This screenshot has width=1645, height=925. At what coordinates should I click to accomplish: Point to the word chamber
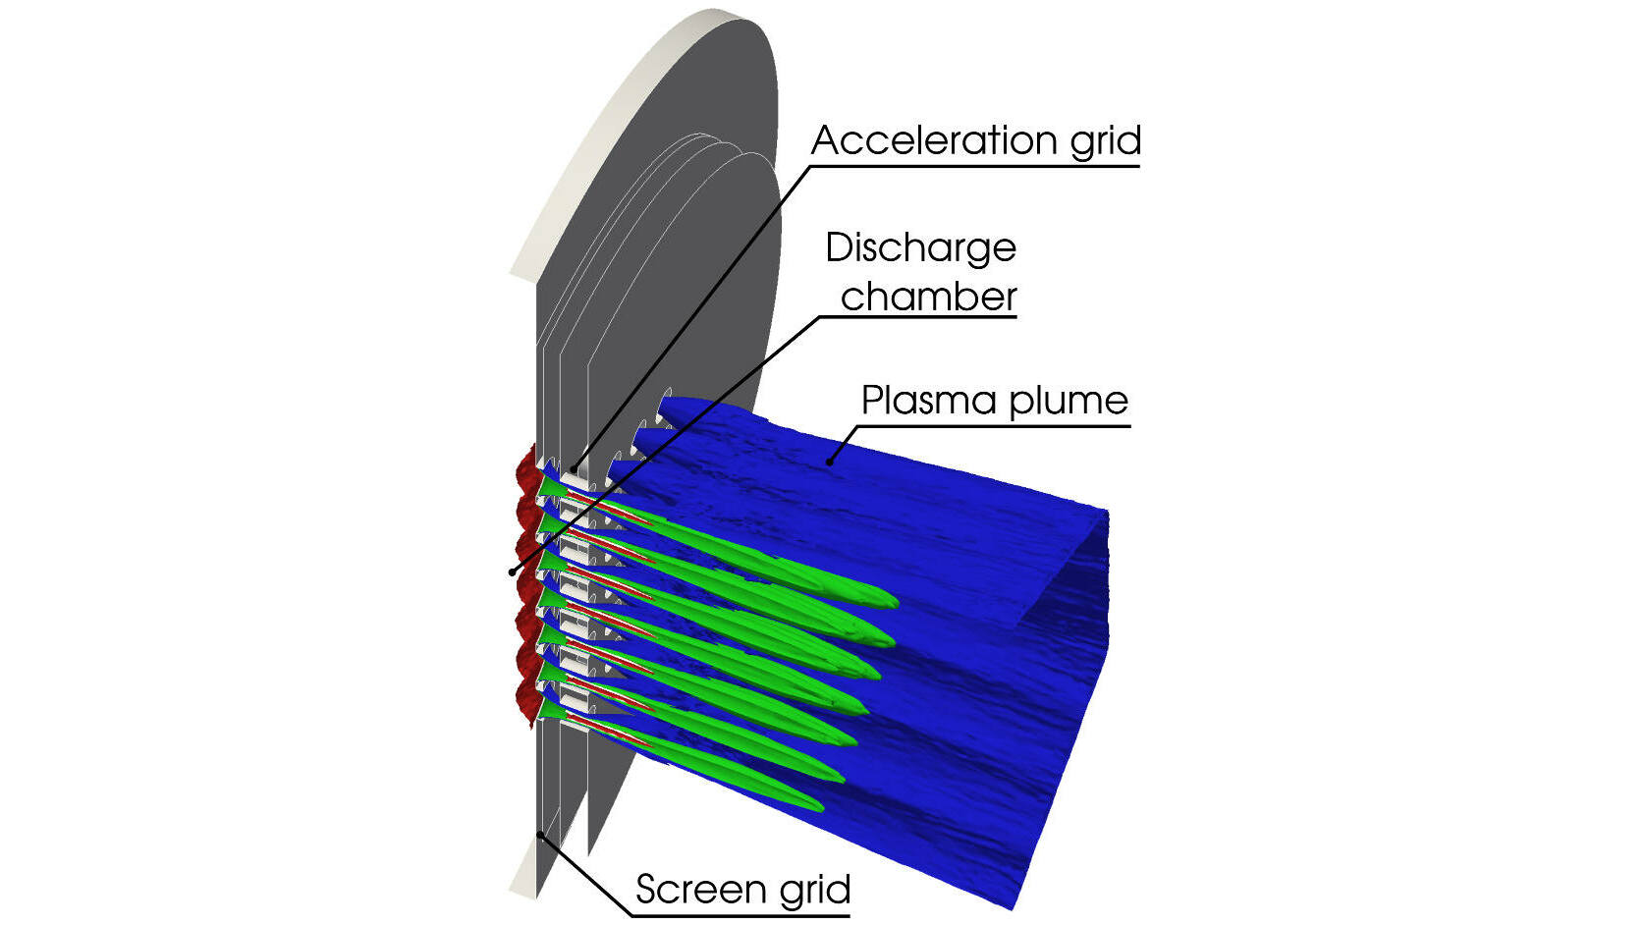pos(929,297)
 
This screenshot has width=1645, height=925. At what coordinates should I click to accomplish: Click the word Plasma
pos(929,400)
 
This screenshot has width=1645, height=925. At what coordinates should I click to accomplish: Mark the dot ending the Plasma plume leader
pos(829,462)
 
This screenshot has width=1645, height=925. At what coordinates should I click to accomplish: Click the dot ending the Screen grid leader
pos(540,834)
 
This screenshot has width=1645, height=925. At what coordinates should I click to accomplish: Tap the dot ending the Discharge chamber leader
pos(512,571)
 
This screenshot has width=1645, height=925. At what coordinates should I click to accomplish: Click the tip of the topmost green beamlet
pos(898,603)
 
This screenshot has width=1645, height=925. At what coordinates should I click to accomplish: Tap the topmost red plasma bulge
pos(524,468)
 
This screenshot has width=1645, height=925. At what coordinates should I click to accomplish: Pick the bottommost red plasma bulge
pos(525,700)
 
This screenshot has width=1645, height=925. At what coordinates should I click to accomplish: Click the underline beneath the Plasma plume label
pos(990,425)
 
